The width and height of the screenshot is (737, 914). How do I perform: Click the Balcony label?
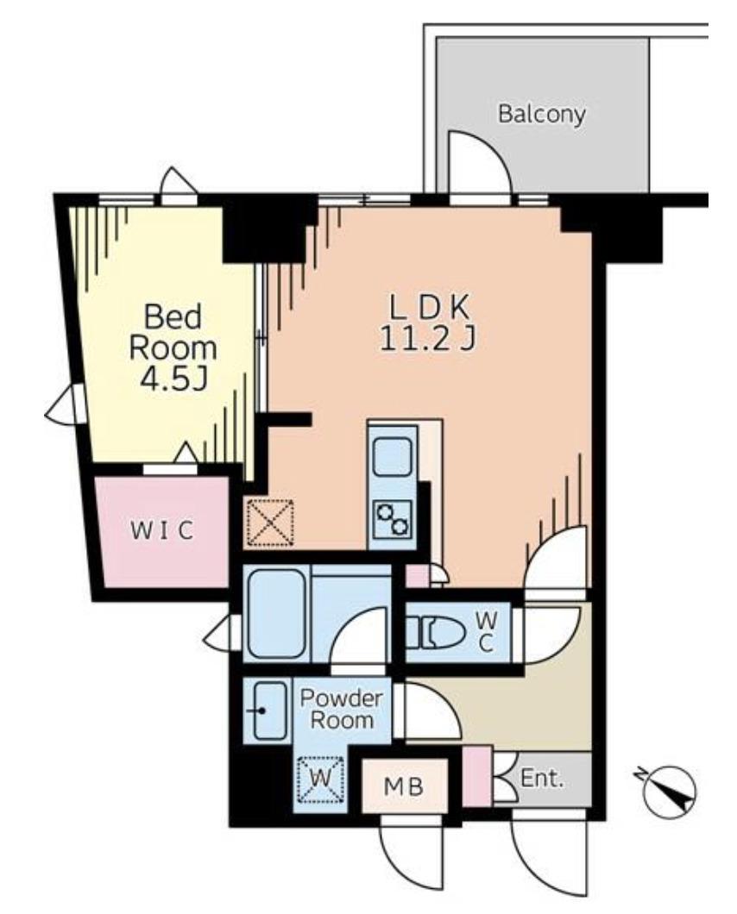(x=541, y=114)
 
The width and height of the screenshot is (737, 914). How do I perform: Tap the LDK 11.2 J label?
(x=428, y=323)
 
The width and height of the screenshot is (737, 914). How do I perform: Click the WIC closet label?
(x=161, y=530)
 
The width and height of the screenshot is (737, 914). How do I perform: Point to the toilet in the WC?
(x=436, y=632)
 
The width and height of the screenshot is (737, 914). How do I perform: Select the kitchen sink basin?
(x=392, y=458)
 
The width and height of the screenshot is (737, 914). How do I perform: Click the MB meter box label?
(x=403, y=787)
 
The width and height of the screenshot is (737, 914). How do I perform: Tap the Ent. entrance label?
(x=542, y=778)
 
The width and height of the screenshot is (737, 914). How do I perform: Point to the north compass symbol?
(x=670, y=792)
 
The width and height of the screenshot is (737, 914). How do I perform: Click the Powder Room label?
(x=342, y=709)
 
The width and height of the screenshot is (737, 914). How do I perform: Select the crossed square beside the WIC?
(x=269, y=522)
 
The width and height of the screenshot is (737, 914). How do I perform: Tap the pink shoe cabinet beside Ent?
(x=476, y=776)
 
